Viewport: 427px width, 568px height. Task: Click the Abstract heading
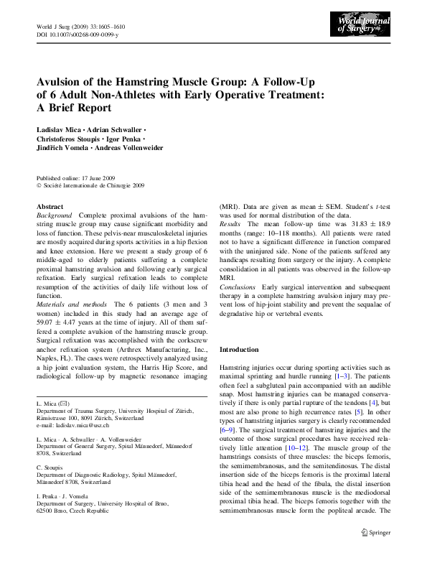[x=50, y=206]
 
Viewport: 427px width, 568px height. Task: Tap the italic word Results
[x=230, y=225]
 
